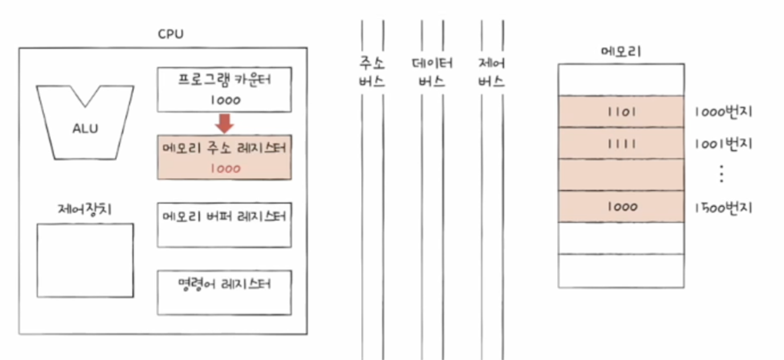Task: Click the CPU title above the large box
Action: [171, 34]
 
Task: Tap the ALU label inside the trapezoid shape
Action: [85, 129]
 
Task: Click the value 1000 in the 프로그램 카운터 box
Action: [224, 100]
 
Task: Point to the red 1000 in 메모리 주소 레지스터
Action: [224, 168]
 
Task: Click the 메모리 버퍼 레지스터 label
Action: [224, 217]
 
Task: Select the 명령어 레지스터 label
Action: [224, 284]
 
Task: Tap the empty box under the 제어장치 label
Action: [85, 260]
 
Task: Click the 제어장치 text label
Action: [85, 210]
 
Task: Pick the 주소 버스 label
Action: [372, 72]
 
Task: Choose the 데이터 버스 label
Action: [432, 72]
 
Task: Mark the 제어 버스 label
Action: [491, 72]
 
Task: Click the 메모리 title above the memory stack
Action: [621, 51]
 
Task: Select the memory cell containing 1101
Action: [621, 112]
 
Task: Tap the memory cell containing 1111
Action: [621, 144]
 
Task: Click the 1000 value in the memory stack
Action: [621, 207]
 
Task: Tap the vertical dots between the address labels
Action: [722, 174]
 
